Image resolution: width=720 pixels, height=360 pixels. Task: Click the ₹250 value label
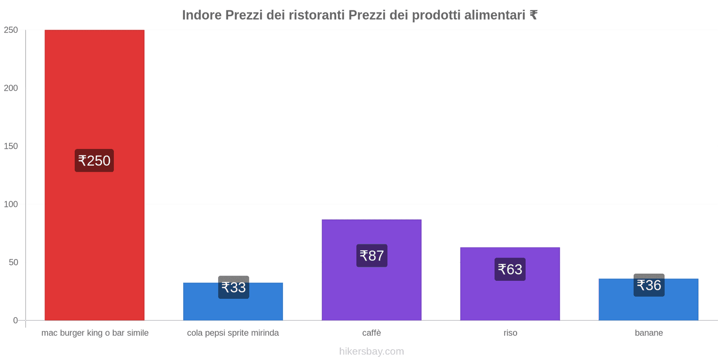(94, 161)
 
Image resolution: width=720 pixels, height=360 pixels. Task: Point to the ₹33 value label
(234, 288)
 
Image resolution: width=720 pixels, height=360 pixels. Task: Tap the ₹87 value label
(372, 256)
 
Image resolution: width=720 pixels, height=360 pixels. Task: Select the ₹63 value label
(510, 270)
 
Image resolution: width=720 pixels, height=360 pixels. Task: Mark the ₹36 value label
(649, 285)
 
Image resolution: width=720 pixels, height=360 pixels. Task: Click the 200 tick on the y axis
(11, 88)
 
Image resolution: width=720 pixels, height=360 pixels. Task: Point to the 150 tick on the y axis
(11, 146)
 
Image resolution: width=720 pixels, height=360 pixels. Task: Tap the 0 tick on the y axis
(15, 320)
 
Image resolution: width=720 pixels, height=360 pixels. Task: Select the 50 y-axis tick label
(13, 262)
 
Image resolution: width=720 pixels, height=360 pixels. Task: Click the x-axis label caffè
(371, 333)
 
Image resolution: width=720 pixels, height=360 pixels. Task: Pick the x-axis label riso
(510, 333)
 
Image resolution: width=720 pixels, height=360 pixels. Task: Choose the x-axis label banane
(648, 333)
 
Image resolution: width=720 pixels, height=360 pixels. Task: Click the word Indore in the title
(202, 15)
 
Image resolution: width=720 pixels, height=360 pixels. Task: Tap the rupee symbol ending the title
(533, 15)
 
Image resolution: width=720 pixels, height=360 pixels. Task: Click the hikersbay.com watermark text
(371, 351)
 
